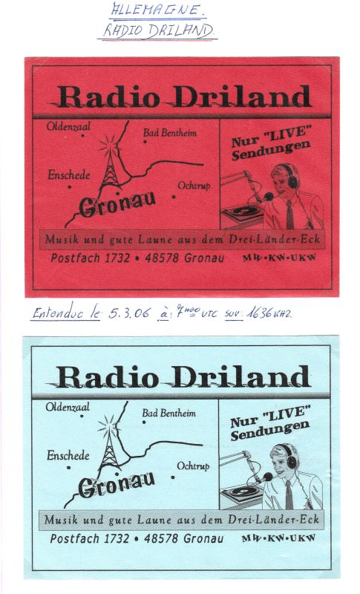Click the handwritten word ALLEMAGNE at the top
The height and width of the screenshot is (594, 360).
pyautogui.click(x=157, y=10)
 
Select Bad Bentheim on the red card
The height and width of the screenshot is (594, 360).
pyautogui.click(x=171, y=133)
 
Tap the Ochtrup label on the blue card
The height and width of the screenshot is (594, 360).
pyautogui.click(x=193, y=466)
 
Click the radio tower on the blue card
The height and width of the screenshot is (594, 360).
pyautogui.click(x=110, y=443)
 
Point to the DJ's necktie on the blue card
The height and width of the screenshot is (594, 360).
pyautogui.click(x=289, y=493)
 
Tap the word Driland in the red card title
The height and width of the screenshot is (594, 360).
pyautogui.click(x=246, y=97)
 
